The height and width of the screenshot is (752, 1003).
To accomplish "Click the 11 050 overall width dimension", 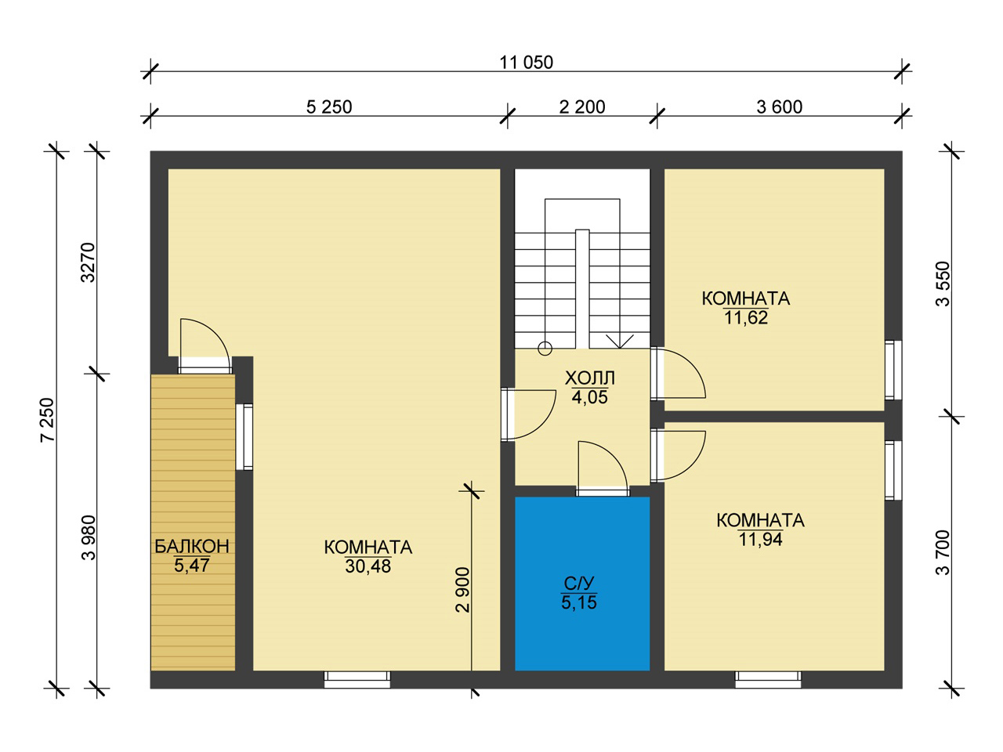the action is (x=526, y=63).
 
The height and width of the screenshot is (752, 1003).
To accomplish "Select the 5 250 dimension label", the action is (x=329, y=107).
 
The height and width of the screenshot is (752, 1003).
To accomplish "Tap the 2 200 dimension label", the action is (x=582, y=107).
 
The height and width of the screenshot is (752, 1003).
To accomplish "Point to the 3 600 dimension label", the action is (x=779, y=107).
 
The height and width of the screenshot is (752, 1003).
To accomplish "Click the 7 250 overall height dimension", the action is (x=48, y=420).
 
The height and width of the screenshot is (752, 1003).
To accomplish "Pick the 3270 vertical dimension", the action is (x=88, y=262).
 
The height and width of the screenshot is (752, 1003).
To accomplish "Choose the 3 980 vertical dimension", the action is (x=88, y=537).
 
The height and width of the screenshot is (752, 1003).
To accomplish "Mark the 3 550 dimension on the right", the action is (x=943, y=284).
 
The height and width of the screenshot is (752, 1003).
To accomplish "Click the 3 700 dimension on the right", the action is (x=943, y=552).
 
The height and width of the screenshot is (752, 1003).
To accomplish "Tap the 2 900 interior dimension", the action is (x=462, y=589).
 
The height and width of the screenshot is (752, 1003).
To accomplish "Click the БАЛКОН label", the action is (x=192, y=547).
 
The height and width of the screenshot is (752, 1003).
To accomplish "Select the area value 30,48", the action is (x=368, y=566).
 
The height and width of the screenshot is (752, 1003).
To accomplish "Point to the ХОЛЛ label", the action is (x=590, y=378).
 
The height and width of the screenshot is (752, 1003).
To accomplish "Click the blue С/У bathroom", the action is (x=582, y=584).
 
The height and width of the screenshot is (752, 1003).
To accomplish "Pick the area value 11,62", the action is (x=746, y=318).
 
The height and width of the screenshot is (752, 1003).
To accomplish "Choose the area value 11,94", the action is (x=760, y=540).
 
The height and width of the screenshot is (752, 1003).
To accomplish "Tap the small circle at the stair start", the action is (x=545, y=349).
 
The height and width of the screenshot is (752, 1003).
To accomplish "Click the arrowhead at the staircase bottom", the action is (x=620, y=342).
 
